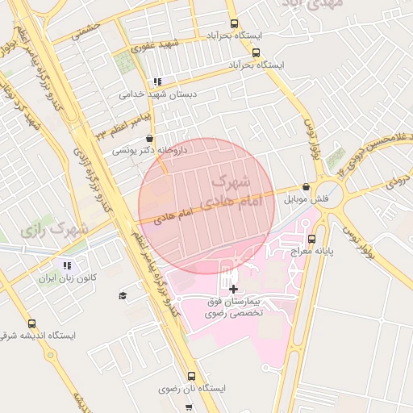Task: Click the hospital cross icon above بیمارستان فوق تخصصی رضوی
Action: click(233, 288)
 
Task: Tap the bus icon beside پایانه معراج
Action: click(311, 238)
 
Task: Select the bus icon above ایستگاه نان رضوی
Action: click(191, 375)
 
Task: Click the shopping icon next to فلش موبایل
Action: click(306, 186)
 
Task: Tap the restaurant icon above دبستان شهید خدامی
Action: click(157, 81)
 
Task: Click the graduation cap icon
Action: click(123, 296)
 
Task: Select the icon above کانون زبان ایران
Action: click(67, 265)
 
